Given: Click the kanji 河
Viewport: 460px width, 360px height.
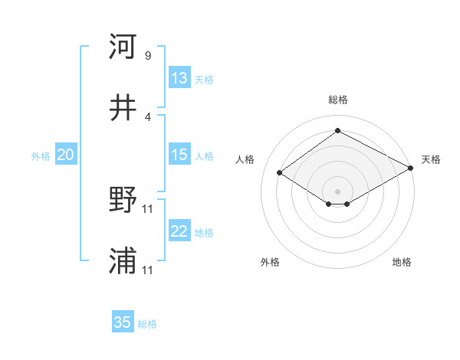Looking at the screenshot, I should click(x=123, y=47).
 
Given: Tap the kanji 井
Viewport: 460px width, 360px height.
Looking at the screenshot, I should click(x=123, y=109).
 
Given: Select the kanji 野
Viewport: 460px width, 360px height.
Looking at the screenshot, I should click(x=123, y=201).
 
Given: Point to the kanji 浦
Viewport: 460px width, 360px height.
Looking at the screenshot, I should click(x=123, y=262).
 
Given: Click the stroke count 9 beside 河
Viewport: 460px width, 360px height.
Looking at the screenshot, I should click(x=148, y=56).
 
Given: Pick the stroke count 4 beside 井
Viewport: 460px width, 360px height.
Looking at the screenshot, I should click(x=148, y=116).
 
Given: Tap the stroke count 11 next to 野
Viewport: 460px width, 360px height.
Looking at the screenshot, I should click(x=149, y=208).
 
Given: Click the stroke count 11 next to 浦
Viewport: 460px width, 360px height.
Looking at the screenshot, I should click(x=149, y=270).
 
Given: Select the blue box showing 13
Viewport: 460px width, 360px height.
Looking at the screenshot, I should click(x=179, y=78).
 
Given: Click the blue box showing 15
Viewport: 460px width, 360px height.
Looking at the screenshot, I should click(x=179, y=155).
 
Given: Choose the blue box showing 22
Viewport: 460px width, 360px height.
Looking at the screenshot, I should click(x=179, y=231).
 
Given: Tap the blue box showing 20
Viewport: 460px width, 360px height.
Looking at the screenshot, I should click(x=65, y=155).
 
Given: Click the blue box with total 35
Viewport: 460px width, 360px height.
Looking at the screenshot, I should click(x=123, y=322).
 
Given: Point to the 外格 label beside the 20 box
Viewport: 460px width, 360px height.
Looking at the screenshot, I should click(x=41, y=155).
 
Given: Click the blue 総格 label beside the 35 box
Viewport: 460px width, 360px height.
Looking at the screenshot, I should click(x=147, y=323).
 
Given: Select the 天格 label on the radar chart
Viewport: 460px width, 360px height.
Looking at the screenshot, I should click(x=431, y=159).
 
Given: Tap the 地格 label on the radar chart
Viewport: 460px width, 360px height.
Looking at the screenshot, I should click(x=402, y=262).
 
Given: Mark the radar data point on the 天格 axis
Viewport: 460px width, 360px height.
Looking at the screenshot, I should click(x=412, y=169).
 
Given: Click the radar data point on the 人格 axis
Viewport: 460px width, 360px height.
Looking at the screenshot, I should click(x=280, y=173).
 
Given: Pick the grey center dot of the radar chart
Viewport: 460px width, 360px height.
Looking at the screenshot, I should click(x=337, y=190).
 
